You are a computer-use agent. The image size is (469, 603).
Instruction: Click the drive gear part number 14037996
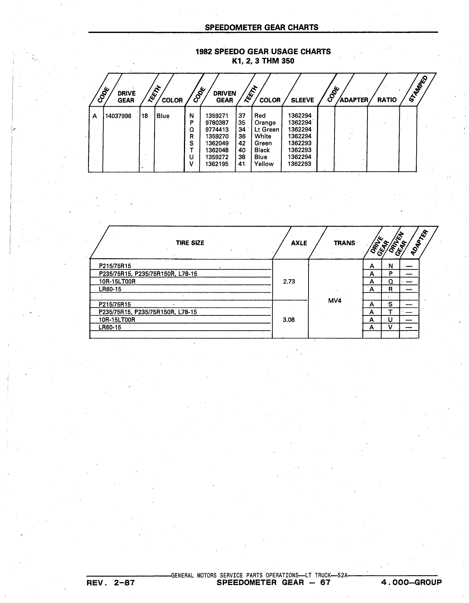click(x=118, y=116)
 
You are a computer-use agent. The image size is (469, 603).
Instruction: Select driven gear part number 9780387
click(x=217, y=123)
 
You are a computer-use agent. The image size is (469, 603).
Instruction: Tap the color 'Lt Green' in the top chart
click(x=267, y=130)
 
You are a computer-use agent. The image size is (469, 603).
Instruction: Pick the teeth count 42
click(x=242, y=143)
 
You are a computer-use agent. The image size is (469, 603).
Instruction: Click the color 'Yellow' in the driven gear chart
click(x=264, y=164)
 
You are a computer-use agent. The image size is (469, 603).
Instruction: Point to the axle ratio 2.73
click(x=289, y=281)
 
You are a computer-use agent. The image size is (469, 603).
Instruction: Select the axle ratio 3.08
click(x=289, y=320)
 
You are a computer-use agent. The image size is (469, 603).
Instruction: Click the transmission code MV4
click(x=335, y=300)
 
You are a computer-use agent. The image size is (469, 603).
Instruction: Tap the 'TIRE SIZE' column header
click(x=190, y=243)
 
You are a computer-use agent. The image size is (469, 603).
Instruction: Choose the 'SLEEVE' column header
click(x=303, y=100)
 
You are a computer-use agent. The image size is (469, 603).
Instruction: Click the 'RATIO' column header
click(x=387, y=100)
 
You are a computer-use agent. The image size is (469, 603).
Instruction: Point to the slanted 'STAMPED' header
click(x=418, y=89)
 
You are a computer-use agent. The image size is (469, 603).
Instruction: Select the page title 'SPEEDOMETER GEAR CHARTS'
click(x=261, y=27)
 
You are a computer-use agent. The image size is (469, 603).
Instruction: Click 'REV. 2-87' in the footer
click(x=110, y=582)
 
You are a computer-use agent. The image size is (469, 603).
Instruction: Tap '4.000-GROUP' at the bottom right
click(x=411, y=582)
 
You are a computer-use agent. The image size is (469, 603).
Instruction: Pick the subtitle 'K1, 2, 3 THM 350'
click(x=263, y=61)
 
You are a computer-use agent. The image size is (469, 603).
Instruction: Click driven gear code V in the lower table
click(x=390, y=327)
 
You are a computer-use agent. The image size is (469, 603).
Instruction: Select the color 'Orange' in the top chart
click(x=265, y=123)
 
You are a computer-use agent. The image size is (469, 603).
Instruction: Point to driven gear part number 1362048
click(x=217, y=150)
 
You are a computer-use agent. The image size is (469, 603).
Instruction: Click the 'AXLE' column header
click(x=299, y=243)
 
